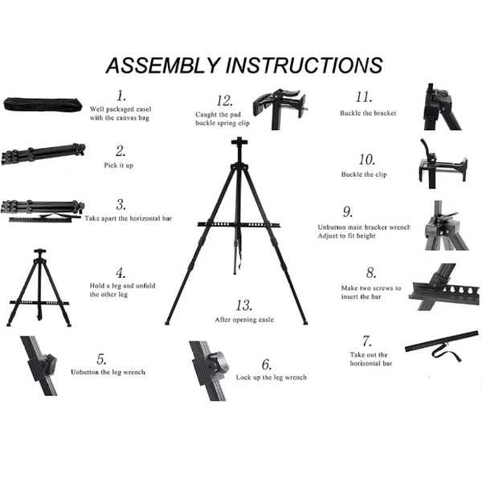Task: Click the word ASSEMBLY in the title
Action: pos(164,65)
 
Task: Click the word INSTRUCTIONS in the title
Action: pos(304,65)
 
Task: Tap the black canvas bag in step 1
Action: pos(43,104)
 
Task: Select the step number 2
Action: pos(120,151)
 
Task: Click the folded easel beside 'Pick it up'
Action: pos(43,153)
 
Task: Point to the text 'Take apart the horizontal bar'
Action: pos(129,219)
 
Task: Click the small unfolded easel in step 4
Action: pos(39,288)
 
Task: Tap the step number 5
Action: pos(101,359)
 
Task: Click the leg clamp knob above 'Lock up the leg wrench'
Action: pos(219,362)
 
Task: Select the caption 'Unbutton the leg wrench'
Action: pos(108,372)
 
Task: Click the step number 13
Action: pos(244,305)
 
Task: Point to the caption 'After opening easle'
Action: pos(244,320)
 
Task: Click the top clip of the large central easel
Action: pos(239,143)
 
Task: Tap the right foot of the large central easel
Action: pos(305,323)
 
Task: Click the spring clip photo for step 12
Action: pos(280,109)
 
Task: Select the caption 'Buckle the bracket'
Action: pos(368,113)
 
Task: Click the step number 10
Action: pos(367,160)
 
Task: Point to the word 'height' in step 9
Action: pos(366,236)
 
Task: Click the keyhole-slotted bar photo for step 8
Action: pos(443,287)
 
